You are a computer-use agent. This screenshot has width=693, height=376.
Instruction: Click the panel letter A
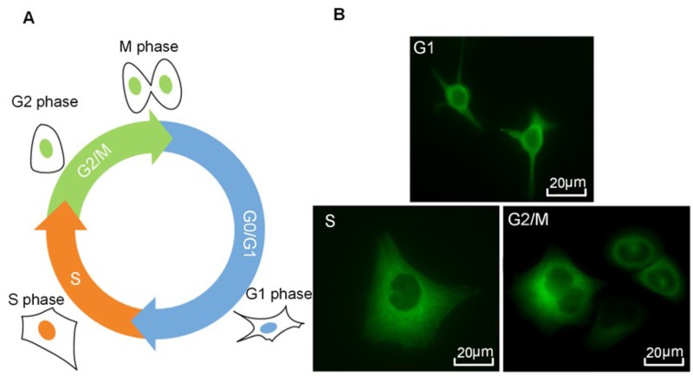point(29,17)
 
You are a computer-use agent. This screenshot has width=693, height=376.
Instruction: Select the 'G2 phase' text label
point(44,103)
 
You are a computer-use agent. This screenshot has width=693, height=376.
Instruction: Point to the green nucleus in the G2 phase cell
point(46,149)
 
